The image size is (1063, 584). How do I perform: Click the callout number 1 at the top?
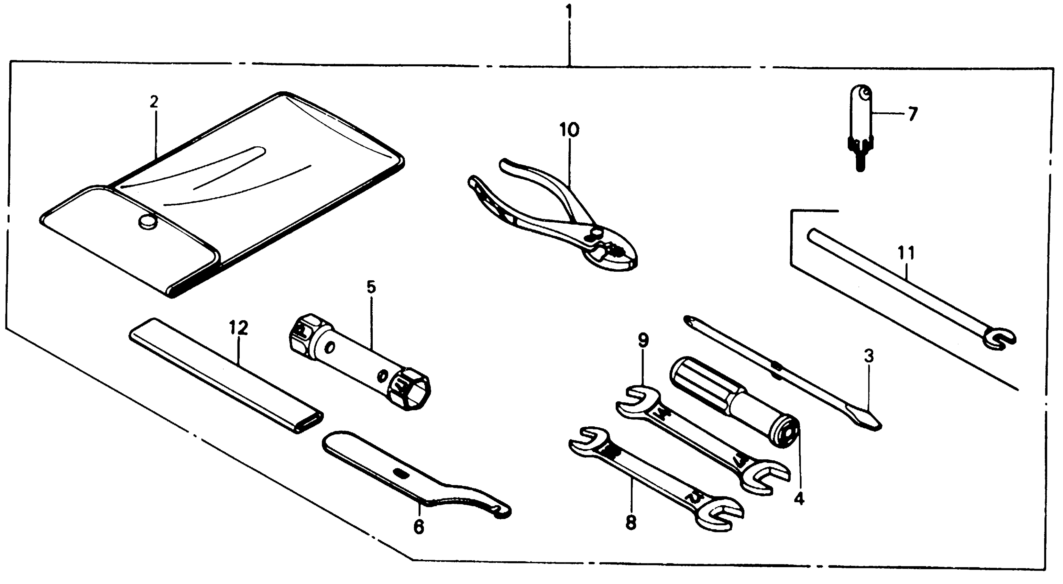[569, 12]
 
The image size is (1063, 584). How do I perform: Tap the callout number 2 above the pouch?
[154, 101]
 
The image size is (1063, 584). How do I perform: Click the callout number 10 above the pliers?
[569, 130]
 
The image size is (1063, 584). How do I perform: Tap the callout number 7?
[912, 114]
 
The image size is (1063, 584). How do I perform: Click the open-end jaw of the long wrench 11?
[999, 338]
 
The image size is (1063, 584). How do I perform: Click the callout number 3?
[869, 356]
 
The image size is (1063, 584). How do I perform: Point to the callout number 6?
[418, 527]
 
